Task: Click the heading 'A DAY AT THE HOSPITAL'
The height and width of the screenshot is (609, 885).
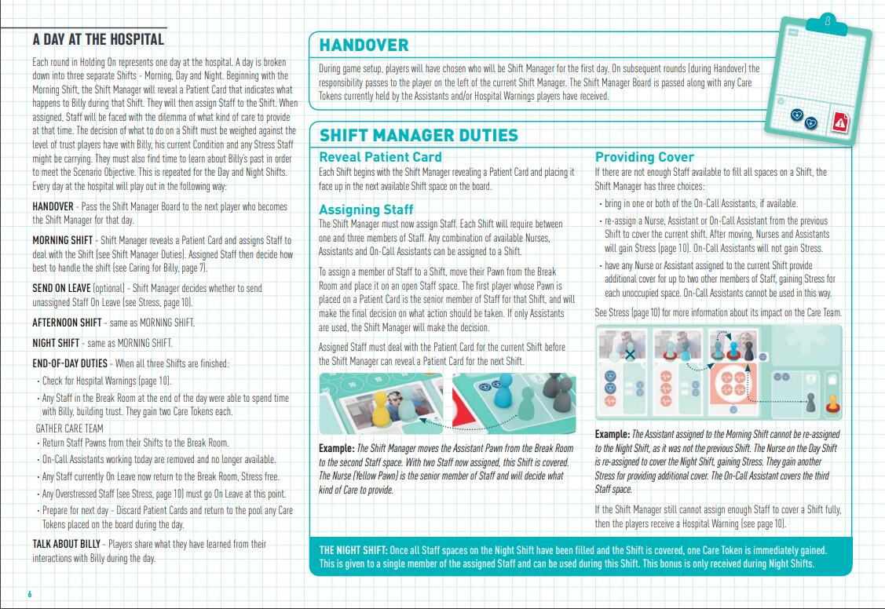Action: [98, 39]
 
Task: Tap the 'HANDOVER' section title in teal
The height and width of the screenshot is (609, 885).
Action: [364, 46]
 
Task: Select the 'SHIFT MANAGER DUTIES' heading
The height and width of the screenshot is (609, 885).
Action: [418, 135]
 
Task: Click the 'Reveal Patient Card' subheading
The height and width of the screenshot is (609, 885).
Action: [380, 157]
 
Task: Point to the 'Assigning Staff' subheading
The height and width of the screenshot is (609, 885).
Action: [366, 210]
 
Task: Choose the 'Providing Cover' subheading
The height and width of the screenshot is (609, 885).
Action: [645, 157]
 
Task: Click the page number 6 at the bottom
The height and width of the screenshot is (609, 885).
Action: [29, 593]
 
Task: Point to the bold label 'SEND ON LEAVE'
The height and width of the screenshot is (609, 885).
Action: [61, 289]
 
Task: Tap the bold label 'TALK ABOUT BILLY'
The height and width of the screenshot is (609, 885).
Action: [67, 544]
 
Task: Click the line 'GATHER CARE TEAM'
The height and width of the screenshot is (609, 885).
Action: [69, 428]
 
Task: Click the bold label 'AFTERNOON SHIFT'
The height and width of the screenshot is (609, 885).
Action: [67, 323]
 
